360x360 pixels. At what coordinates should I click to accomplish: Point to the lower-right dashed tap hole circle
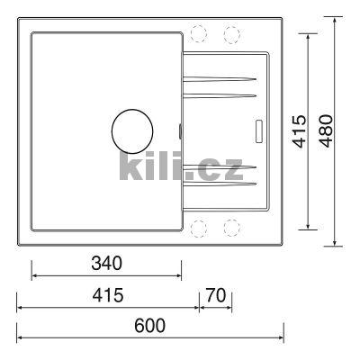231,228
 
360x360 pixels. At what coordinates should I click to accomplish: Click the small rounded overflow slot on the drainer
261,130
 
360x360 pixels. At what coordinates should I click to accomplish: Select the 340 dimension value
106,264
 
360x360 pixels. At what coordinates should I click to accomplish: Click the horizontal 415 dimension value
106,296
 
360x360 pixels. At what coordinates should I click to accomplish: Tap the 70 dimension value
215,296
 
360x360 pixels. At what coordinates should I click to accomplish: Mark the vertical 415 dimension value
301,130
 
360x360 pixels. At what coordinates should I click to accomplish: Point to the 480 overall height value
325,130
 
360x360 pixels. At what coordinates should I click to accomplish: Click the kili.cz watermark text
180,166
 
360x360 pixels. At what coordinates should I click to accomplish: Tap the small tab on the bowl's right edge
180,131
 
